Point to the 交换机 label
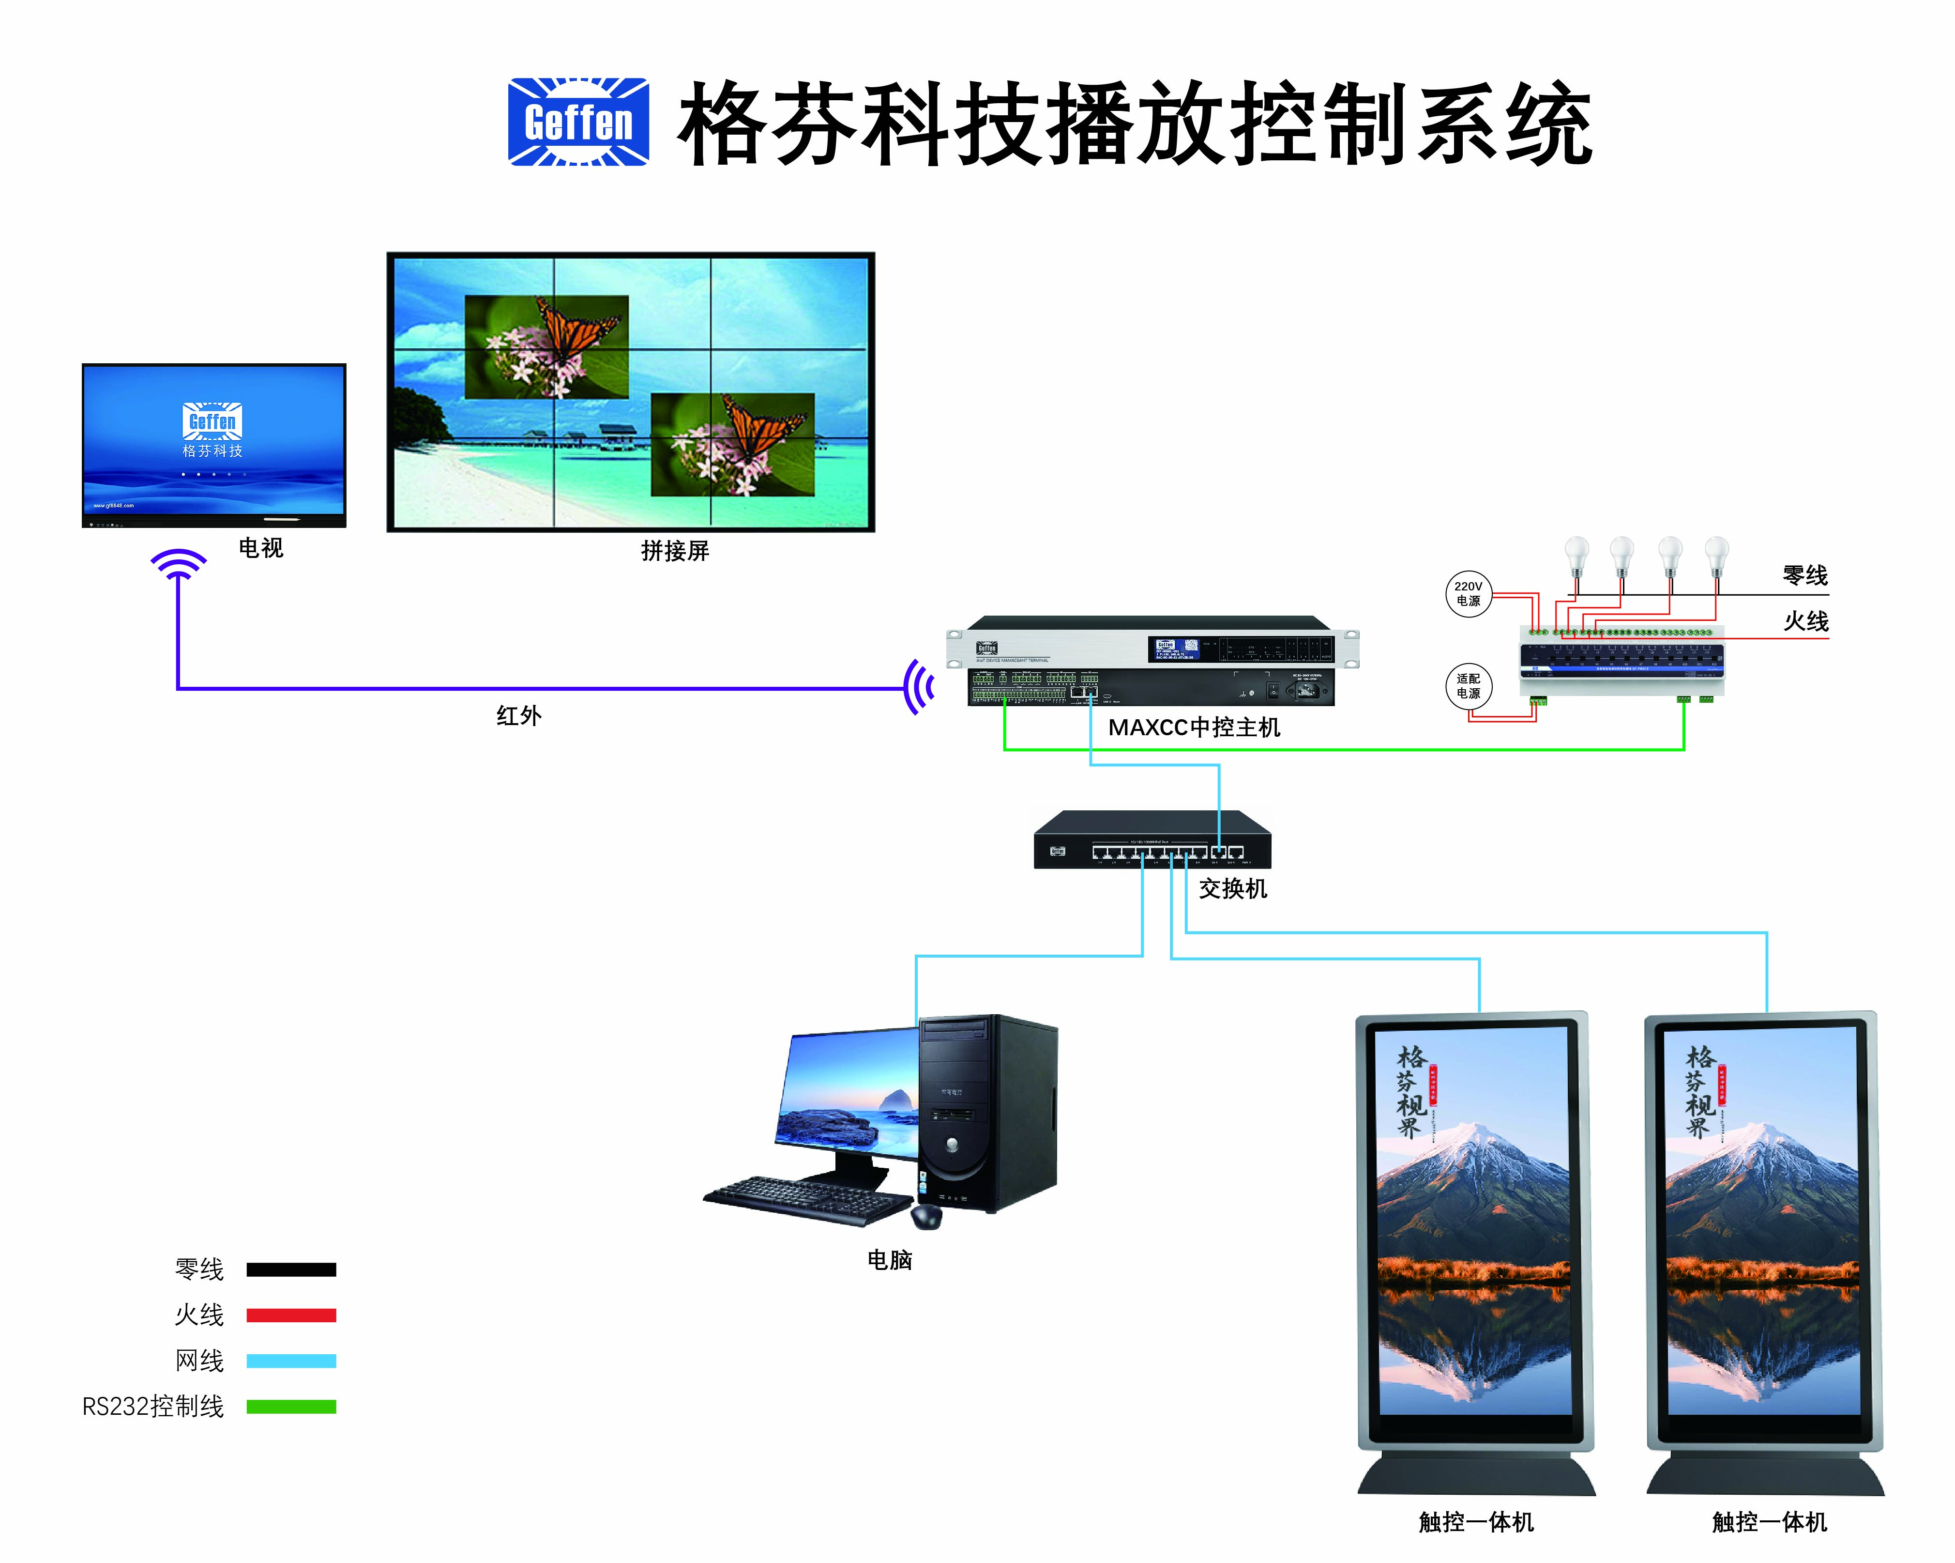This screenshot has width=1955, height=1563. tap(1232, 889)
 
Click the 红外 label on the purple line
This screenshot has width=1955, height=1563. tap(519, 716)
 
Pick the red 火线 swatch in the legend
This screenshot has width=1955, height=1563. tap(291, 1315)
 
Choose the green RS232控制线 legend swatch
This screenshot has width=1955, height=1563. tap(291, 1407)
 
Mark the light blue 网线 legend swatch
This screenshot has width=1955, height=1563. tap(291, 1361)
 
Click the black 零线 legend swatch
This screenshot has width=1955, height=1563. tap(291, 1270)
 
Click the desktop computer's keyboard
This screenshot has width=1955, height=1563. tap(807, 1199)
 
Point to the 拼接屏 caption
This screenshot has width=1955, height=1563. tap(675, 551)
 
